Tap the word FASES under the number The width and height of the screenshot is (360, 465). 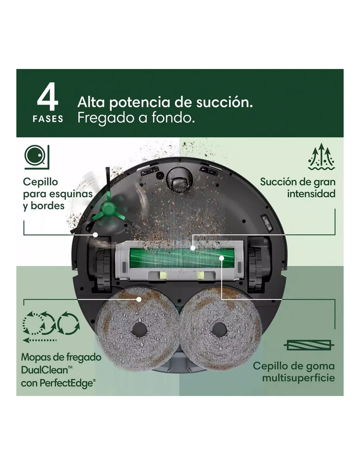[48, 119]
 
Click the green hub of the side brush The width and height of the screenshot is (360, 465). [109, 209]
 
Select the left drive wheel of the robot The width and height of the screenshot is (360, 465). [104, 270]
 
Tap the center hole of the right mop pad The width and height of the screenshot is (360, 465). [219, 331]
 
